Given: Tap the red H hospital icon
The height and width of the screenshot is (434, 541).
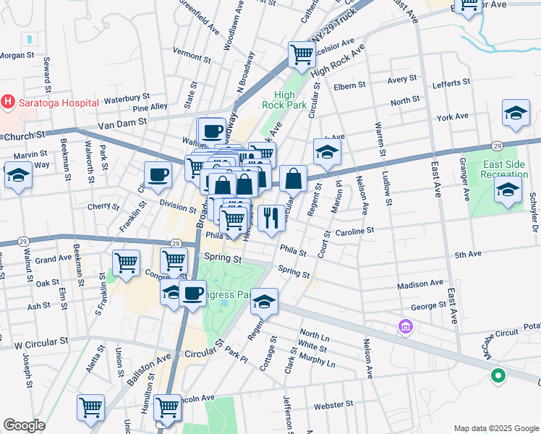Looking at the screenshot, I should pos(8,102).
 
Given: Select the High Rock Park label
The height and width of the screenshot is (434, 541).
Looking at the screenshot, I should pos(294,100).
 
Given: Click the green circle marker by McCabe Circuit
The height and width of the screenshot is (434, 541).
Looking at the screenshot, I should pos(498,375).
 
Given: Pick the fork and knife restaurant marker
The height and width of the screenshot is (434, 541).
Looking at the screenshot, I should pos(270,218).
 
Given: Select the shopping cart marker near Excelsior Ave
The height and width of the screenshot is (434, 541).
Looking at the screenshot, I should pos(302,54).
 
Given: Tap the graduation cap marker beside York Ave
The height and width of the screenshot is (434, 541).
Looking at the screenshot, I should pos(515,114).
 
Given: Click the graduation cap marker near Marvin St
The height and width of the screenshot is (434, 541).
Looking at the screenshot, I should pos(18,174).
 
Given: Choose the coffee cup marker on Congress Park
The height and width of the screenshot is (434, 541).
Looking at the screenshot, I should pos(192,294).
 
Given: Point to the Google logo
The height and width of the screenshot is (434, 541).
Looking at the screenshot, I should pos(24,425).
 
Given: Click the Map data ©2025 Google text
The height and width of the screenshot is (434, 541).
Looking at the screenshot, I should pos(495,428).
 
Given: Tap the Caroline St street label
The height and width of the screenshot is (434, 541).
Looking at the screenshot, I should pos(354,231).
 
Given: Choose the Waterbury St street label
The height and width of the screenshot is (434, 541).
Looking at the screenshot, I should pos(127,95).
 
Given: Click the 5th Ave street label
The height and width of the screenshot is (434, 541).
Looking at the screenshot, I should pos(468,255).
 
